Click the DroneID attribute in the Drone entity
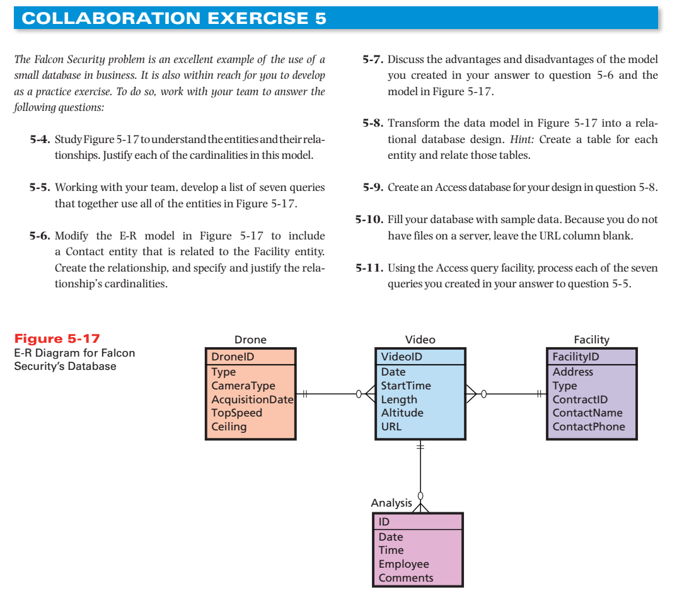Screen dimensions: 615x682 [233, 357]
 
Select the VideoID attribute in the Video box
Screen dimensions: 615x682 [402, 357]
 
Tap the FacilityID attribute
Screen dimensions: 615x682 [575, 357]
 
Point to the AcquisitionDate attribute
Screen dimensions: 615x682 [252, 399]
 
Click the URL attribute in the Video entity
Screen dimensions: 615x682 [391, 427]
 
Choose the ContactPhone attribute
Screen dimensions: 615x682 [589, 427]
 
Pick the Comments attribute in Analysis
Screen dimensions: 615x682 [406, 578]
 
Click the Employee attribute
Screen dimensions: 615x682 [403, 564]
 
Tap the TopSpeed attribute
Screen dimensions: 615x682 [236, 413]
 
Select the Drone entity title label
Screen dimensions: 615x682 [250, 340]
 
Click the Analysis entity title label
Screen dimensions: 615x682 [391, 503]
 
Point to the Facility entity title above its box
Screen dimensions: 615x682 [591, 340]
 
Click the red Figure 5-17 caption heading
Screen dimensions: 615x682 [57, 339]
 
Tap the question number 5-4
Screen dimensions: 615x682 [40, 138]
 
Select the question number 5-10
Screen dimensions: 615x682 [369, 220]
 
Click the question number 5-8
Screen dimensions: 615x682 [373, 124]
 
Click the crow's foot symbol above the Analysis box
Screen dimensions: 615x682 [420, 507]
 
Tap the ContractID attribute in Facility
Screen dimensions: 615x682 [580, 399]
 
